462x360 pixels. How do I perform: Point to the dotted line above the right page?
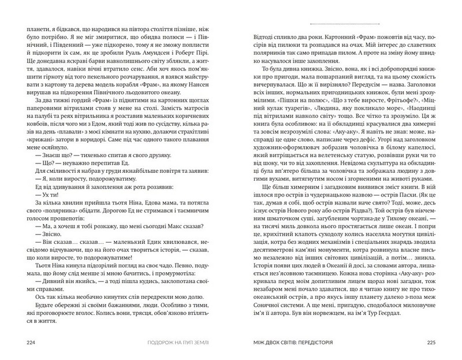coord(345,24)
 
